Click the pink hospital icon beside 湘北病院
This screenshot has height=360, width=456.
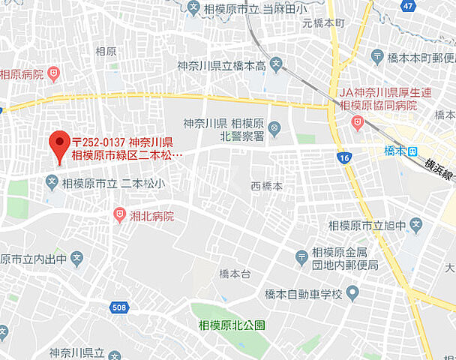click(x=118, y=215)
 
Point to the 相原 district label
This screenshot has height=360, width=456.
click(x=106, y=51)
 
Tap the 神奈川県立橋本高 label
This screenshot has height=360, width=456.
click(x=220, y=66)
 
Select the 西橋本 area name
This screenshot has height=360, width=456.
click(x=266, y=186)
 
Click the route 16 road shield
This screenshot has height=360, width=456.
click(x=344, y=158)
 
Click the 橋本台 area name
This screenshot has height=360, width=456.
click(x=234, y=274)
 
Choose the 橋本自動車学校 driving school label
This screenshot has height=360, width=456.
click(x=304, y=293)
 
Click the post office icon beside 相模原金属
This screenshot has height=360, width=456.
click(x=301, y=258)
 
